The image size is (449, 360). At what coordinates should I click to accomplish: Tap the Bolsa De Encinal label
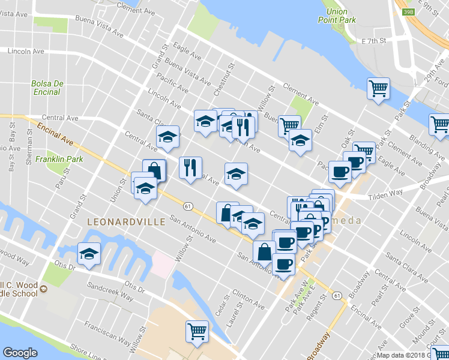click(46, 88)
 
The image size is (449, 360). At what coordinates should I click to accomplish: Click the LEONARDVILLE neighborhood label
click(126, 222)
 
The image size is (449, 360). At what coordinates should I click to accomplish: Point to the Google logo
click(20, 353)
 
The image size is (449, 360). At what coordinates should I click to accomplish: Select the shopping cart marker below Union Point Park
click(379, 90)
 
